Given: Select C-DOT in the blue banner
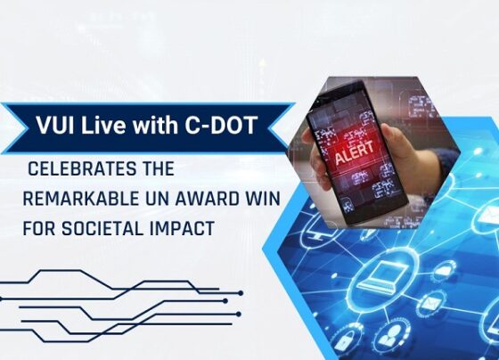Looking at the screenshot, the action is click(x=220, y=125).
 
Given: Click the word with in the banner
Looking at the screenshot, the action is click(x=155, y=125).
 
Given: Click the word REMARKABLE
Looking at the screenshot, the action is click(x=81, y=199).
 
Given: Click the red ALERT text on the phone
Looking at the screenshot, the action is click(x=355, y=152).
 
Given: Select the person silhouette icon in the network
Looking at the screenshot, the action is click(x=389, y=335).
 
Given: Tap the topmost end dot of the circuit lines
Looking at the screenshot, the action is click(x=241, y=293).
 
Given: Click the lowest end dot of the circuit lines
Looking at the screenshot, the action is click(x=239, y=315).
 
